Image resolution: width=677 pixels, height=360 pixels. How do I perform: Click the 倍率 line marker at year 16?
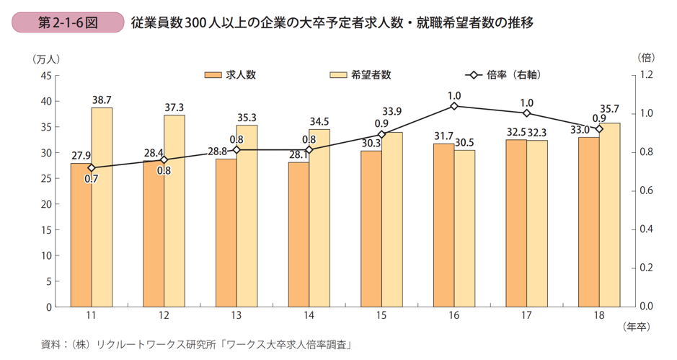tap(454, 106)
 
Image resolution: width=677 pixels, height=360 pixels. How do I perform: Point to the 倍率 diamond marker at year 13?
tap(236, 150)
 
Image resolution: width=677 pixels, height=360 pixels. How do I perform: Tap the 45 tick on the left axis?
tap(45, 75)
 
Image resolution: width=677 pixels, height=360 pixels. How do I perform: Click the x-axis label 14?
tap(309, 316)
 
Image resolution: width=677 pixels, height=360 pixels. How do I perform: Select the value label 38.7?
tap(102, 100)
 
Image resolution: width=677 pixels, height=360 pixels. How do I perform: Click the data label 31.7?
tap(443, 136)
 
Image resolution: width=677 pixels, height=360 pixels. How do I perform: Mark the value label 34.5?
tap(319, 121)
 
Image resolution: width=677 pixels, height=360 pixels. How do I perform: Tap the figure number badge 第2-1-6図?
tap(68, 22)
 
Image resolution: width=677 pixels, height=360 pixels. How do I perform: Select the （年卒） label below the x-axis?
tap(635, 327)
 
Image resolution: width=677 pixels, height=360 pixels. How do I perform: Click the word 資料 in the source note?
tap(51, 345)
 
